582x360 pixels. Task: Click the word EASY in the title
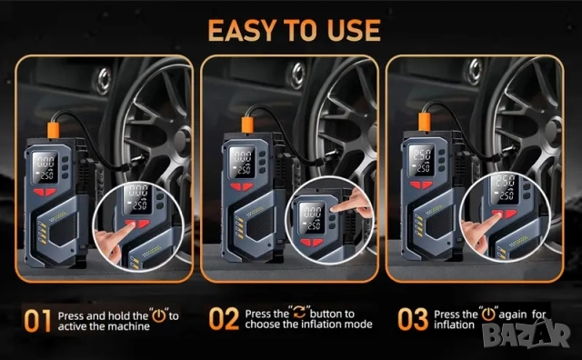[243, 30]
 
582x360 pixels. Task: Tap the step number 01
[37, 321]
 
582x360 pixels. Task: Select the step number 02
[224, 318]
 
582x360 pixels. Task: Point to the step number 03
[413, 319]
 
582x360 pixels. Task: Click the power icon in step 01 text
[159, 315]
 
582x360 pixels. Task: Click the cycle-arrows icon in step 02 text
[299, 312]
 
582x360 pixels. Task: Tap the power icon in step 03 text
[488, 314]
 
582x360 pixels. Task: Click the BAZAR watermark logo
[527, 335]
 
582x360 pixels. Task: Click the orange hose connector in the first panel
[53, 131]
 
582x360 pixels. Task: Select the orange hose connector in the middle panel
[247, 125]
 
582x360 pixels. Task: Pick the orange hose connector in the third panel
[425, 122]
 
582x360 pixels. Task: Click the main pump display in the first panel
[45, 167]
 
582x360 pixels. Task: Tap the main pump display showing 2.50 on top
[421, 160]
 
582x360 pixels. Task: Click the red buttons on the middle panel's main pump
[241, 186]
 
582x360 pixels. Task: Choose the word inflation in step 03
[455, 325]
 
